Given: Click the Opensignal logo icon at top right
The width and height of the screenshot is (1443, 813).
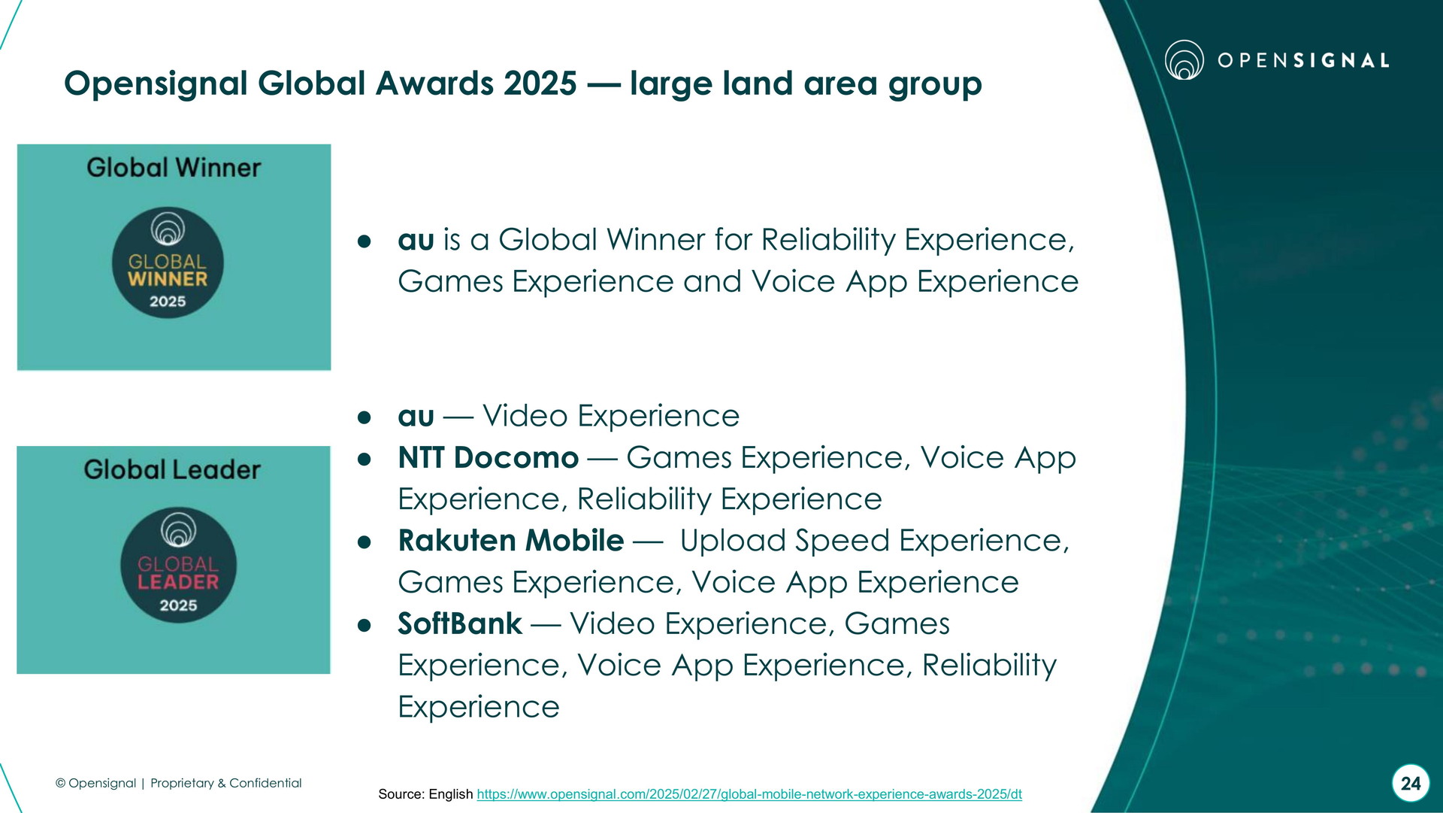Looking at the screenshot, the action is (x=1184, y=60).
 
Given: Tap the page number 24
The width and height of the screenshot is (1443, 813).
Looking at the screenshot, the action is (x=1411, y=784).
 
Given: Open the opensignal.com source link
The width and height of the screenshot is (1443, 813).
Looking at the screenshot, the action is (x=749, y=794).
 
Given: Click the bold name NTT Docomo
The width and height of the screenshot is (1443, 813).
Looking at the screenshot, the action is (x=489, y=457).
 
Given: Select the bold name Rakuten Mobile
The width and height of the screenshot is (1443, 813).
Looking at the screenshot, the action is (x=511, y=540).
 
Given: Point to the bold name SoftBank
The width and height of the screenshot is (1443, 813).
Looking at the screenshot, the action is (x=460, y=623).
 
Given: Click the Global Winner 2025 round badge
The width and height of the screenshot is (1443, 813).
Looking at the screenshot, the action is (x=168, y=262).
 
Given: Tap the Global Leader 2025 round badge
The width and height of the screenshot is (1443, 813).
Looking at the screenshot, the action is (x=178, y=565).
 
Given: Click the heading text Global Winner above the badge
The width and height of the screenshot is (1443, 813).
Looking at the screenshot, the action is (x=174, y=167).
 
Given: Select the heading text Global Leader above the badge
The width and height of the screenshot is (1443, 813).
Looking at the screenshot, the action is (x=172, y=469).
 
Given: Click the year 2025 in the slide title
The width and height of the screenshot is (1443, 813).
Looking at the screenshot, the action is (x=540, y=83).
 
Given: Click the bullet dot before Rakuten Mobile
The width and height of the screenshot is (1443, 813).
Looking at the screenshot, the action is (x=365, y=541).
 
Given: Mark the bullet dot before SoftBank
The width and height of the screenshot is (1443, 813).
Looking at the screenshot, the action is (x=365, y=625).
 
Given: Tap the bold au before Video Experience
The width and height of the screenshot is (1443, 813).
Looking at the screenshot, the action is (x=416, y=416).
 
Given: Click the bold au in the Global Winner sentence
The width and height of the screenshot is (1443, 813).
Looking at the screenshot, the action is (x=416, y=240).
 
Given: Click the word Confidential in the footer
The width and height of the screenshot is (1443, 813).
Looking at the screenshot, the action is (x=265, y=783).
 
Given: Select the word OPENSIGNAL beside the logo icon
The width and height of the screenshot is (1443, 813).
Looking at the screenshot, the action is (x=1303, y=60).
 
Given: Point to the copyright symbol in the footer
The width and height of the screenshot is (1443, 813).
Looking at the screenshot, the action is (x=61, y=783).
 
